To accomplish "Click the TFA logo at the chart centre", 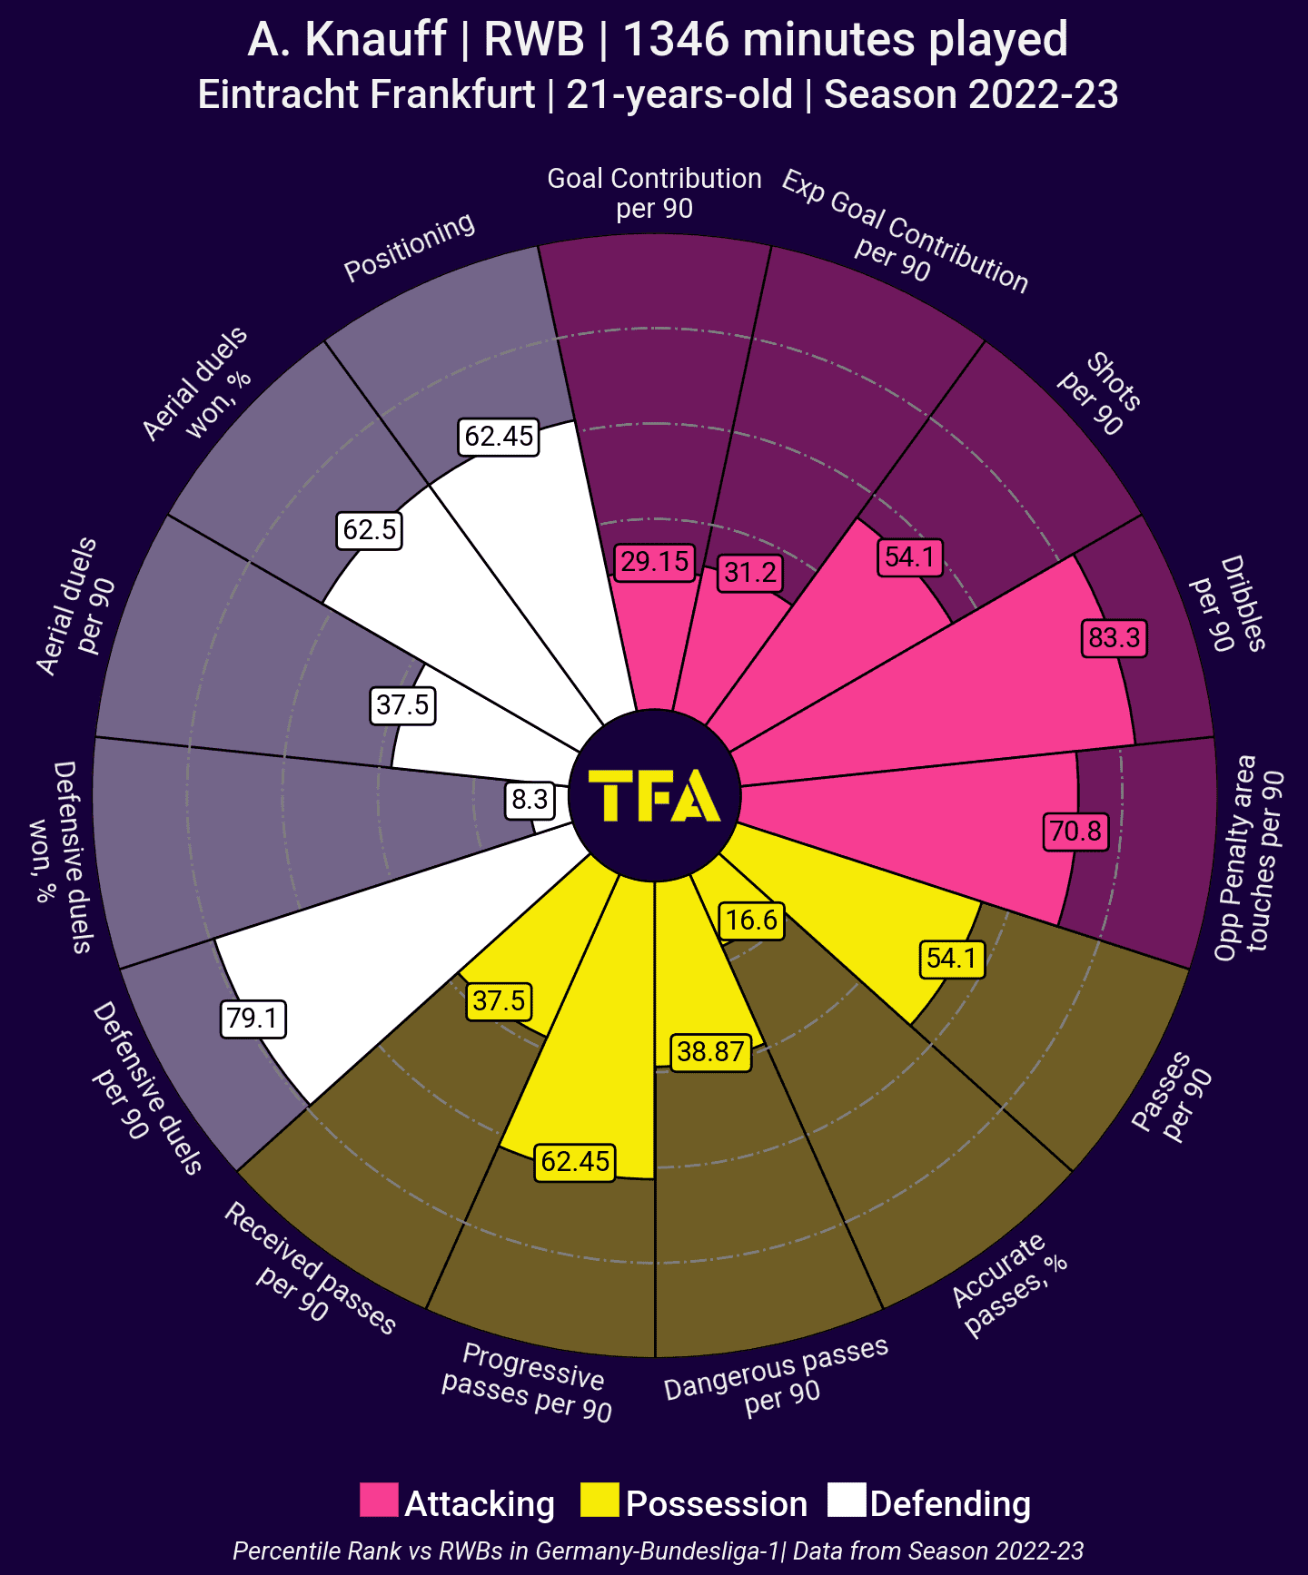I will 654,796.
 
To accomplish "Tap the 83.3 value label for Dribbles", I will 1114,638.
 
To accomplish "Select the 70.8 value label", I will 1075,831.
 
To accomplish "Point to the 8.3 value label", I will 530,800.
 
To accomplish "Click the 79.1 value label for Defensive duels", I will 253,1019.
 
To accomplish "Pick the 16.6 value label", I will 751,920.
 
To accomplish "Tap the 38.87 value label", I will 710,1052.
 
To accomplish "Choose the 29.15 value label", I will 654,562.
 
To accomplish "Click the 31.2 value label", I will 751,573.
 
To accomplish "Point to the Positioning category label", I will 410,246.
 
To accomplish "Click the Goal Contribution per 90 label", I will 654,193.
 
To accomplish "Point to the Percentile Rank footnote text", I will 658,1550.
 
